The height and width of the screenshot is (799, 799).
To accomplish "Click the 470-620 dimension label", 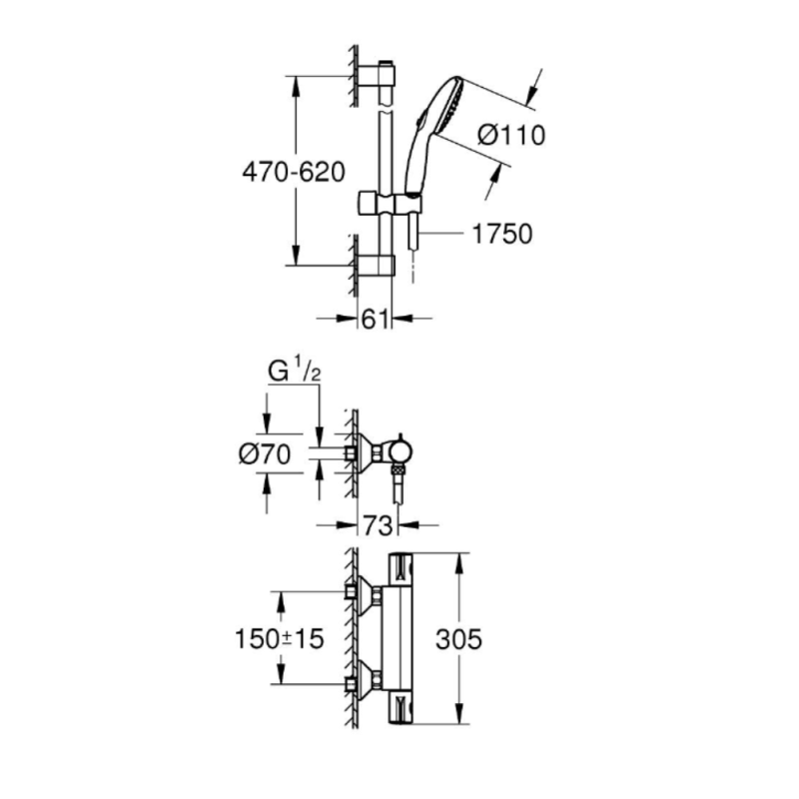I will (x=293, y=171).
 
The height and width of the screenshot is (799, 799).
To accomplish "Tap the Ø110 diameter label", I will (x=511, y=134).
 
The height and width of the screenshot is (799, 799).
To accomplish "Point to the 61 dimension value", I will (x=375, y=319).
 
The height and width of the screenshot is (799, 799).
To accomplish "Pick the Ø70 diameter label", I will (x=265, y=454).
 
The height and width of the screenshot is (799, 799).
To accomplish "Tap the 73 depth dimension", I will (x=376, y=522).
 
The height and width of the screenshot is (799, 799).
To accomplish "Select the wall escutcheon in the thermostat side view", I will (x=370, y=454).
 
